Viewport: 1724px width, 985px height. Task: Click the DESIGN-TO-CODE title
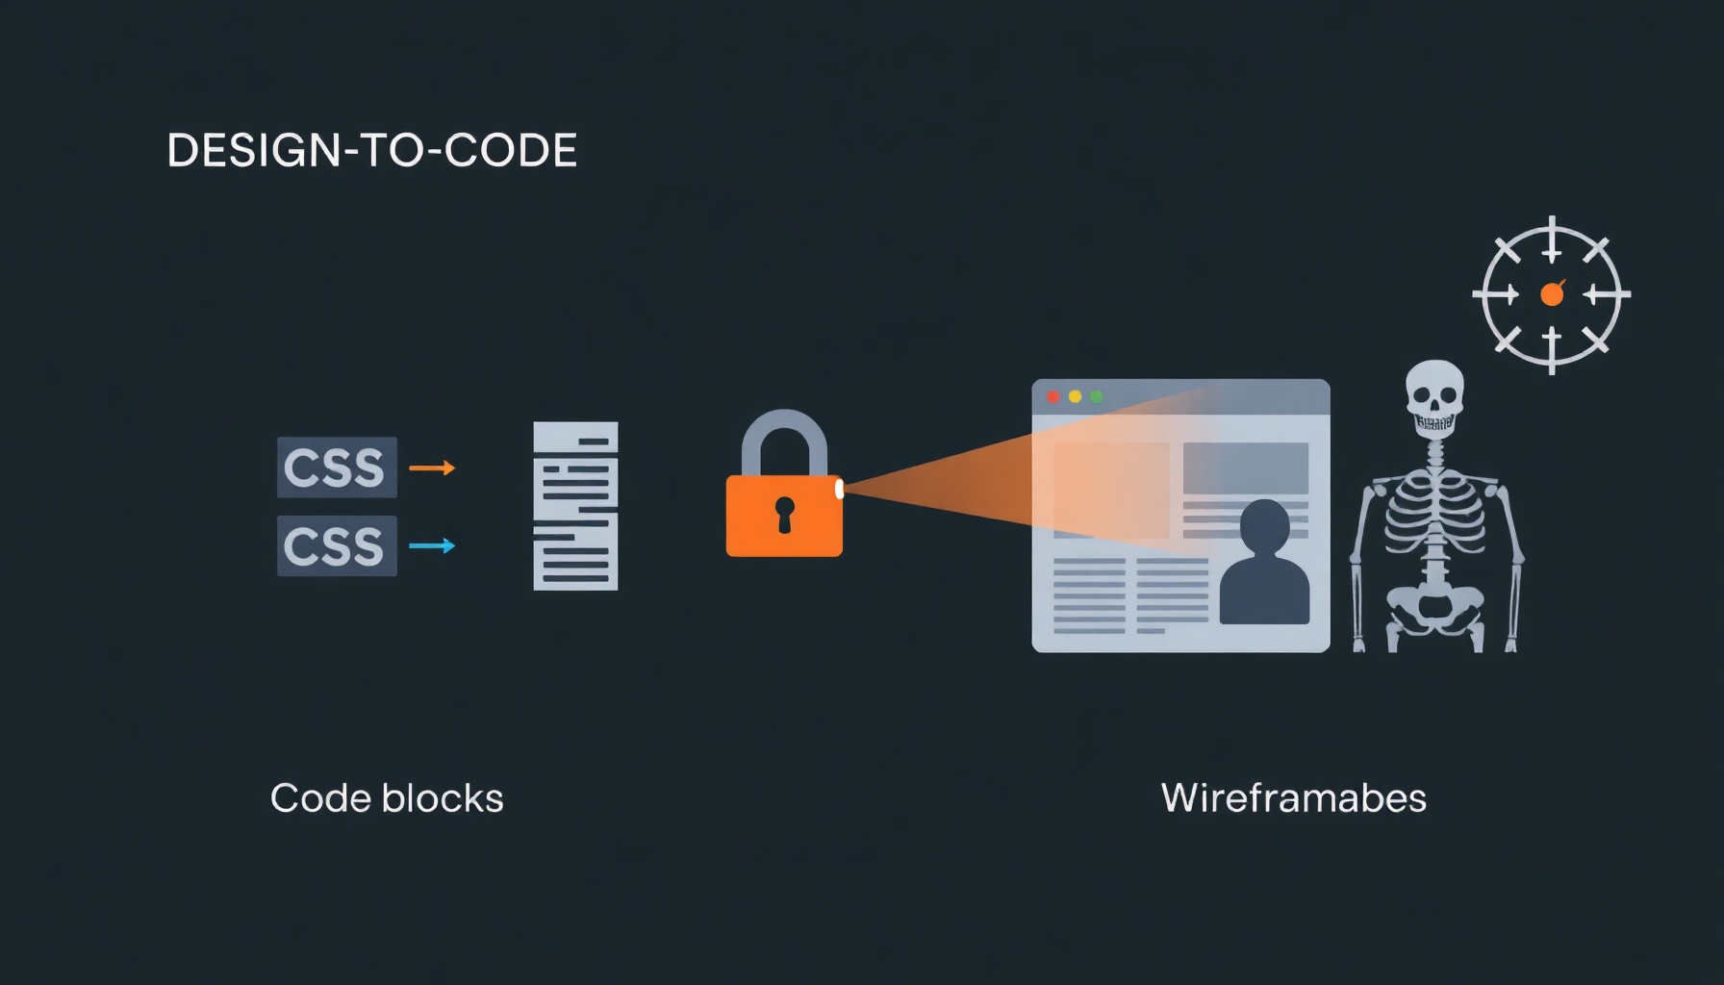click(372, 150)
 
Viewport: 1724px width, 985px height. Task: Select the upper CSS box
click(337, 467)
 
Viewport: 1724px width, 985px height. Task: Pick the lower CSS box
click(337, 545)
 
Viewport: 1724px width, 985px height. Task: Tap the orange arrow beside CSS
click(432, 468)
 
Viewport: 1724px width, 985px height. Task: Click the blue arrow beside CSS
click(432, 545)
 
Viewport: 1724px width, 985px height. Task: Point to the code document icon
click(575, 506)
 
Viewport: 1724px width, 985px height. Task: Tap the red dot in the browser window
click(1053, 396)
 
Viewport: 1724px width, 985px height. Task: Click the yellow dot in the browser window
click(1075, 396)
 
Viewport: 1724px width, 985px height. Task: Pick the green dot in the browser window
click(1096, 396)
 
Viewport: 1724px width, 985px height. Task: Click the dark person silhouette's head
click(1264, 526)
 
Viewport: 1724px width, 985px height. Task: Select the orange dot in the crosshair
click(1552, 294)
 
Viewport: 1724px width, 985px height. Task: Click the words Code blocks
click(387, 798)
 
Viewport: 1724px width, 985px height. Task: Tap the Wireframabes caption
click(1294, 798)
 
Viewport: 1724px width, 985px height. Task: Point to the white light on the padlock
click(839, 490)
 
